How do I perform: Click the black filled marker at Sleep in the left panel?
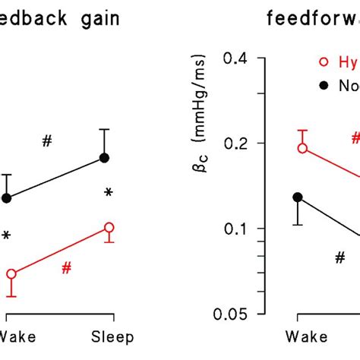point(106,158)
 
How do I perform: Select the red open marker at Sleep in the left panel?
point(109,227)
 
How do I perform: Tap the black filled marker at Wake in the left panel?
point(8,198)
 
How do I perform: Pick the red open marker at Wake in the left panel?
point(11,273)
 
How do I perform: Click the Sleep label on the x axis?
point(112,337)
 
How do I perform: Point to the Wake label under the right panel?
point(301,337)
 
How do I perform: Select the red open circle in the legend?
point(324,64)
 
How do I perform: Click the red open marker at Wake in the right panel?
point(302,148)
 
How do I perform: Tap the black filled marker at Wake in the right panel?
point(298,197)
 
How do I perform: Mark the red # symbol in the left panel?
point(67,267)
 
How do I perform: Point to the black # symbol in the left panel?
point(47,141)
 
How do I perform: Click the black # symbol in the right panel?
point(339,257)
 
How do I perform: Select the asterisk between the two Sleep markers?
point(109,194)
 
